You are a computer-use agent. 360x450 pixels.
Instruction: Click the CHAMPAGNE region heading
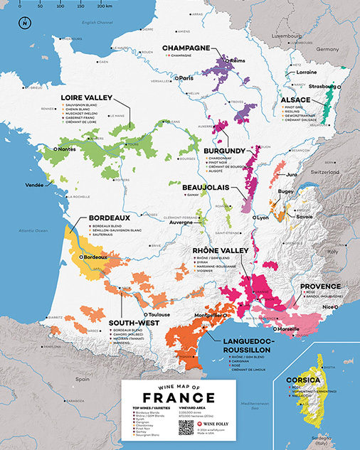(x=189, y=48)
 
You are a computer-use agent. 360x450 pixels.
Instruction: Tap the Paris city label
(x=187, y=77)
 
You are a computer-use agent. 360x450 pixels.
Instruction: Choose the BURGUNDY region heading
(x=225, y=151)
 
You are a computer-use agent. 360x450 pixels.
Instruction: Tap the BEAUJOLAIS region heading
(x=203, y=187)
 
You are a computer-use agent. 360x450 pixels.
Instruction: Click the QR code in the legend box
(x=186, y=427)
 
